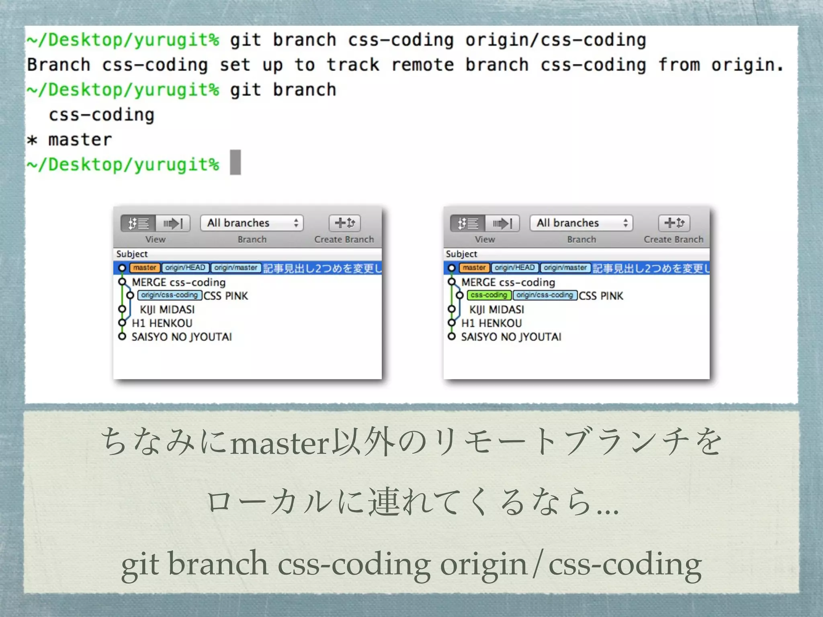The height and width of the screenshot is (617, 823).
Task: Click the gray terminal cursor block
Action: coord(235,162)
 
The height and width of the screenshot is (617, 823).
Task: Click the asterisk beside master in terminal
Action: coord(32,140)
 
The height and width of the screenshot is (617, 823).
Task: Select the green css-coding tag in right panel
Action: coord(489,295)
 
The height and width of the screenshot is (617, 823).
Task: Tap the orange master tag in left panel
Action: coord(145,268)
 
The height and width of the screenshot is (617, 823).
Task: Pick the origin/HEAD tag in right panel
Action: coord(514,268)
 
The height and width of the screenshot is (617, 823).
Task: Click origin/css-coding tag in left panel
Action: coord(169,295)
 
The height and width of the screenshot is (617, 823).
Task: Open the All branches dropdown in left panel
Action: coord(252,223)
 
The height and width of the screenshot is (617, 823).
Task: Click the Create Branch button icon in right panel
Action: coord(674,223)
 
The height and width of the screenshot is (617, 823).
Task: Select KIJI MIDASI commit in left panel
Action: coord(167,310)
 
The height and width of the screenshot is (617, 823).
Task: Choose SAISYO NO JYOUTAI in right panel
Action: coord(511,337)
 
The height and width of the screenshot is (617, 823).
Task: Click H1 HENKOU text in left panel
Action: coord(162,323)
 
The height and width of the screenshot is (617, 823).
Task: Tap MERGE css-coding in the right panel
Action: coord(508,282)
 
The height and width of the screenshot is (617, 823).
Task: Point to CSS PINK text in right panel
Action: coord(601,296)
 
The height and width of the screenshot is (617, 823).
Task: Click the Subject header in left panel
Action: coord(132,254)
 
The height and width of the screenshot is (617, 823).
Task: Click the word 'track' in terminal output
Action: coord(352,65)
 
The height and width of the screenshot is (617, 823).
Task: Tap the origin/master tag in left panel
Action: coord(236,268)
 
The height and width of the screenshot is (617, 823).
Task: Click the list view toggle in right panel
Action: coord(468,223)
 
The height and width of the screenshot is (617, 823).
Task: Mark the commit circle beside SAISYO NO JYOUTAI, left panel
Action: coord(122,337)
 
